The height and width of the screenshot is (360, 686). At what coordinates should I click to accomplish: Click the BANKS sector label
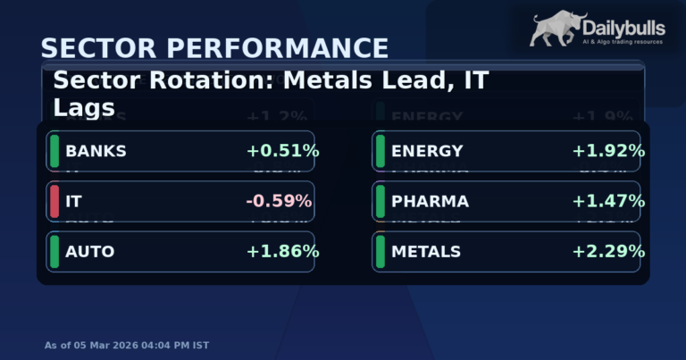(96, 151)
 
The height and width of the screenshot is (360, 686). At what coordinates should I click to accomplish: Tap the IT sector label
(73, 201)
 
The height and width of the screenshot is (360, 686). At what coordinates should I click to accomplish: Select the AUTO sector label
(89, 252)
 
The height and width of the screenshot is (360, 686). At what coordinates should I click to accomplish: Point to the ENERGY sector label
(427, 151)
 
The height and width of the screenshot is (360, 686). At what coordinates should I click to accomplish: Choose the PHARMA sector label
(430, 201)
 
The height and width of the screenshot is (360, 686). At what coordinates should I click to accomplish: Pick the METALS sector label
(426, 252)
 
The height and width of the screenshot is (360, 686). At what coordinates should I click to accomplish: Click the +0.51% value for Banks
(282, 151)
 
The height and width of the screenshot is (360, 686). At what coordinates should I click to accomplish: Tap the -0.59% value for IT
(279, 201)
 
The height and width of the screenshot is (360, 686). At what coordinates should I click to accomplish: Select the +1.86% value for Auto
(282, 252)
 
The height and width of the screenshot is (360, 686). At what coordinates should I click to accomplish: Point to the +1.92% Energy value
(608, 151)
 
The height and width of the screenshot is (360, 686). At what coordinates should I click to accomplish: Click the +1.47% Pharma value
(608, 201)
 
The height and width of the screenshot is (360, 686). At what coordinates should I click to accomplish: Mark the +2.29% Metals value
(608, 252)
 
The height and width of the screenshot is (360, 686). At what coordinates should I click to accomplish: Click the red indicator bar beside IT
(54, 201)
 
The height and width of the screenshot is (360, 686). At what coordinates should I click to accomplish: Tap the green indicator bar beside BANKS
(54, 151)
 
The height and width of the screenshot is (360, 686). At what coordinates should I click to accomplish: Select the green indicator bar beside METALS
(381, 252)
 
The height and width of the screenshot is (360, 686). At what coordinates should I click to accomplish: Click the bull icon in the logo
(556, 29)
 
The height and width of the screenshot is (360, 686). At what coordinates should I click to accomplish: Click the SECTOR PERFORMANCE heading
(214, 48)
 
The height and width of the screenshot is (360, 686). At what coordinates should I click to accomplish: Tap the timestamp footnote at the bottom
(128, 345)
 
